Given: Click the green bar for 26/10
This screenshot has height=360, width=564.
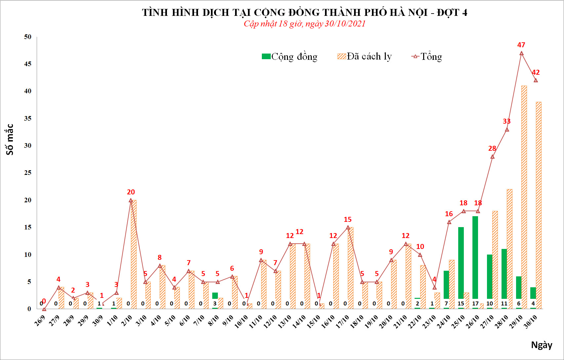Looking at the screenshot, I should [475, 258].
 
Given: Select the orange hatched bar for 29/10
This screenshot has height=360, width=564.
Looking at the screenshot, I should [524, 198].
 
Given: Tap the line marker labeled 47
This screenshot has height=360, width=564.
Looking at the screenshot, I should [521, 53].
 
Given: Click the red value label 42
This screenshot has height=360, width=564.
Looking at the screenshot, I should [536, 72].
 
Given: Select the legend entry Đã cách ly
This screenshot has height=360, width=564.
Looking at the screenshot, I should [364, 57].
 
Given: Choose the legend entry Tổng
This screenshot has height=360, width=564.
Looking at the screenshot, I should [427, 57].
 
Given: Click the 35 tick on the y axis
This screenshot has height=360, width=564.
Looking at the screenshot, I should [28, 118].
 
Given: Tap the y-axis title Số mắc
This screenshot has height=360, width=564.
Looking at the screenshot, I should [10, 140].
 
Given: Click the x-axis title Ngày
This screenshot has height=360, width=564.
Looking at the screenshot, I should [542, 345].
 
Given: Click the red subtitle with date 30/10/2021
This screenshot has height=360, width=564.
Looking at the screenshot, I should [304, 24].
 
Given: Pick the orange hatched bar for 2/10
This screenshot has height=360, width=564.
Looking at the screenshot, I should [134, 255].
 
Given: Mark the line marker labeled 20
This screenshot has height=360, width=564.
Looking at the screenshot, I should [131, 200].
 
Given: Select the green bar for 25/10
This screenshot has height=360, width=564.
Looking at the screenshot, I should [461, 263].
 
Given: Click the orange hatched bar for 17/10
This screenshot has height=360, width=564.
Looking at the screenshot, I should [350, 268].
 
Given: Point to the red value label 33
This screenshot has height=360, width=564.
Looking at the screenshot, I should [506, 121].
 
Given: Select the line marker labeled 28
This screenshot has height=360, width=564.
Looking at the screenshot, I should [492, 157].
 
